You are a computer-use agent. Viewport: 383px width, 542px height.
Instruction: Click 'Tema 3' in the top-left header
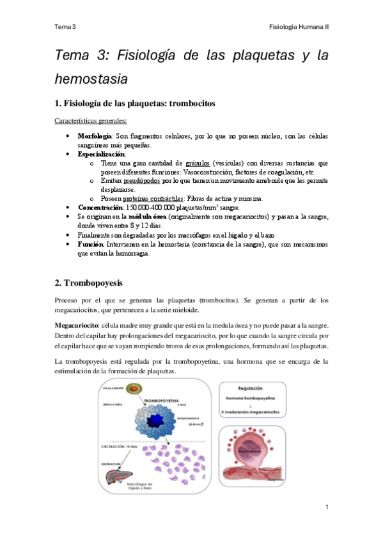point(65,27)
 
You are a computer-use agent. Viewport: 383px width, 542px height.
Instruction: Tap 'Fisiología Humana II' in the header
point(299,27)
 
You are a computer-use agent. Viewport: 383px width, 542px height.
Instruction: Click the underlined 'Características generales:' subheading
point(90,120)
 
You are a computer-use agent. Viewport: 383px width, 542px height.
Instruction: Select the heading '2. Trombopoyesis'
point(88,282)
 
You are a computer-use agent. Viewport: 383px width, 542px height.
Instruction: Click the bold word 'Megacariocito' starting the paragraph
point(77,325)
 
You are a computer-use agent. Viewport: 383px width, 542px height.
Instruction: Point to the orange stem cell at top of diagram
point(132,389)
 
